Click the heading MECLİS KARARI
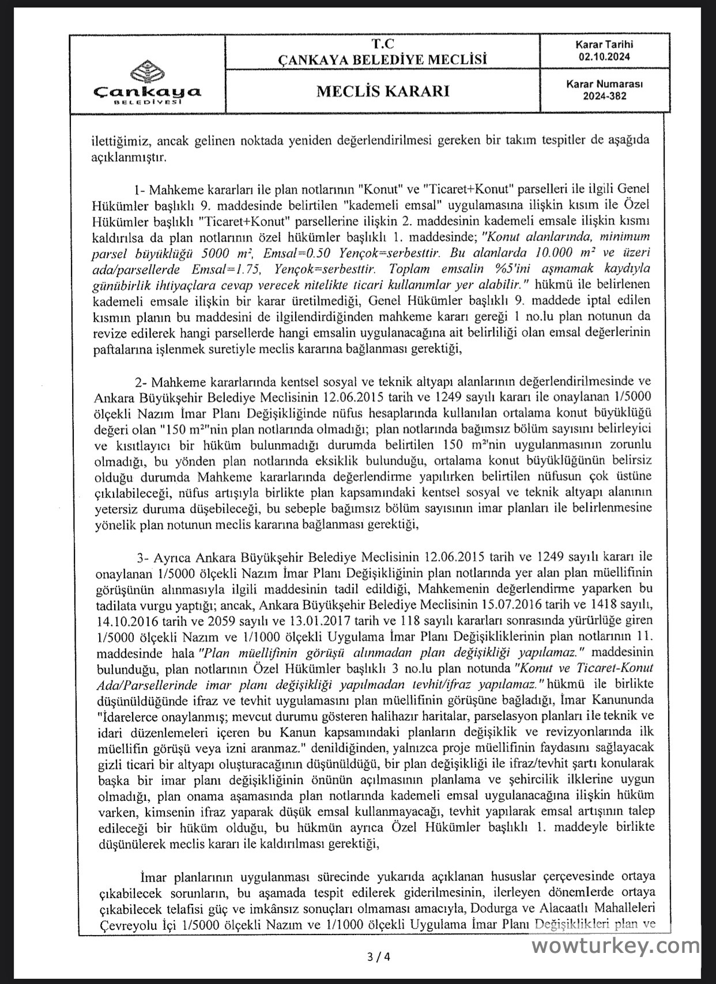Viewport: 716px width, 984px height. point(382,91)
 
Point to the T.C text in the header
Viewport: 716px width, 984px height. point(382,44)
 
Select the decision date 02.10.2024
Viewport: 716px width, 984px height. point(605,56)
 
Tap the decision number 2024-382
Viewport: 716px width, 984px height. point(604,96)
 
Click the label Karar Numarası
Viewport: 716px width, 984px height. point(604,84)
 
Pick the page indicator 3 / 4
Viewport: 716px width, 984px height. point(379,957)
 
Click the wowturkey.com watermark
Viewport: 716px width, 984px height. point(615,945)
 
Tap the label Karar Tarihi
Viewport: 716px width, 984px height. point(604,44)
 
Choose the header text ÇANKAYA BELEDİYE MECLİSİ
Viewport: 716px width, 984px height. point(382,59)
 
